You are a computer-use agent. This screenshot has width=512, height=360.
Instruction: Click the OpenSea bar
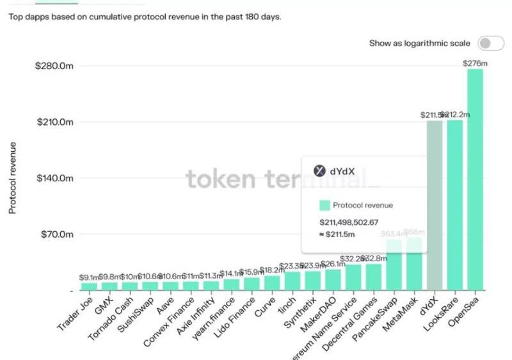coord(475,179)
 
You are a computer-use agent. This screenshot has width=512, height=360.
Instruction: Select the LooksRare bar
coord(455,205)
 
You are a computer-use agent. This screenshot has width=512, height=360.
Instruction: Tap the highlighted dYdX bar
coord(435,205)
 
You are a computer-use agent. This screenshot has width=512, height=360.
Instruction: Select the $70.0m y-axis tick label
coord(56,234)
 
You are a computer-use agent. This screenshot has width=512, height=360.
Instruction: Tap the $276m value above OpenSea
coord(475,63)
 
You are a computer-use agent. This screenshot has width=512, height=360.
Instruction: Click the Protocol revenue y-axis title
coord(13,178)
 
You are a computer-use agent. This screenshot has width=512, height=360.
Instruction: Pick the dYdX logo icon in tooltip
coord(319,171)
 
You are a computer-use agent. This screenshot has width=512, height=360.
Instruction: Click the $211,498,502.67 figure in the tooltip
coord(349,222)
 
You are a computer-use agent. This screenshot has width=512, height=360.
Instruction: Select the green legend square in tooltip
coord(324,206)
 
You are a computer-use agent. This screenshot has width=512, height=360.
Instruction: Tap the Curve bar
coord(272,282)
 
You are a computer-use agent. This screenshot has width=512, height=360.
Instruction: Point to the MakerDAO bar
coord(333,279)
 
